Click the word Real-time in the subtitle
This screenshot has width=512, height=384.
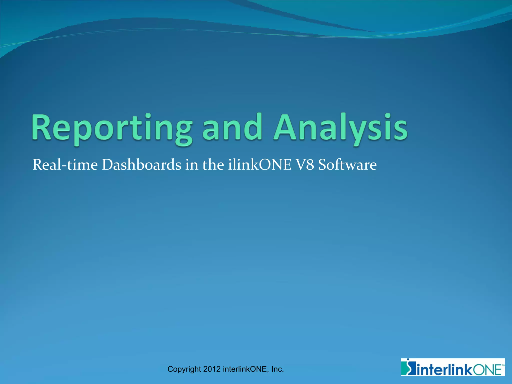tap(65, 165)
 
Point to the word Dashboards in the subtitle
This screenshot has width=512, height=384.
tap(141, 165)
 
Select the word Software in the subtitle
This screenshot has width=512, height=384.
tap(347, 165)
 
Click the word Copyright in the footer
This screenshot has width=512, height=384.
tap(184, 369)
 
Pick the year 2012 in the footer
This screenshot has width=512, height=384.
tap(212, 369)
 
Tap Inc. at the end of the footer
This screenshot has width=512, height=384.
tap(277, 369)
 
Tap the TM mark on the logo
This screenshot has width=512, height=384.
tap(503, 365)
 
